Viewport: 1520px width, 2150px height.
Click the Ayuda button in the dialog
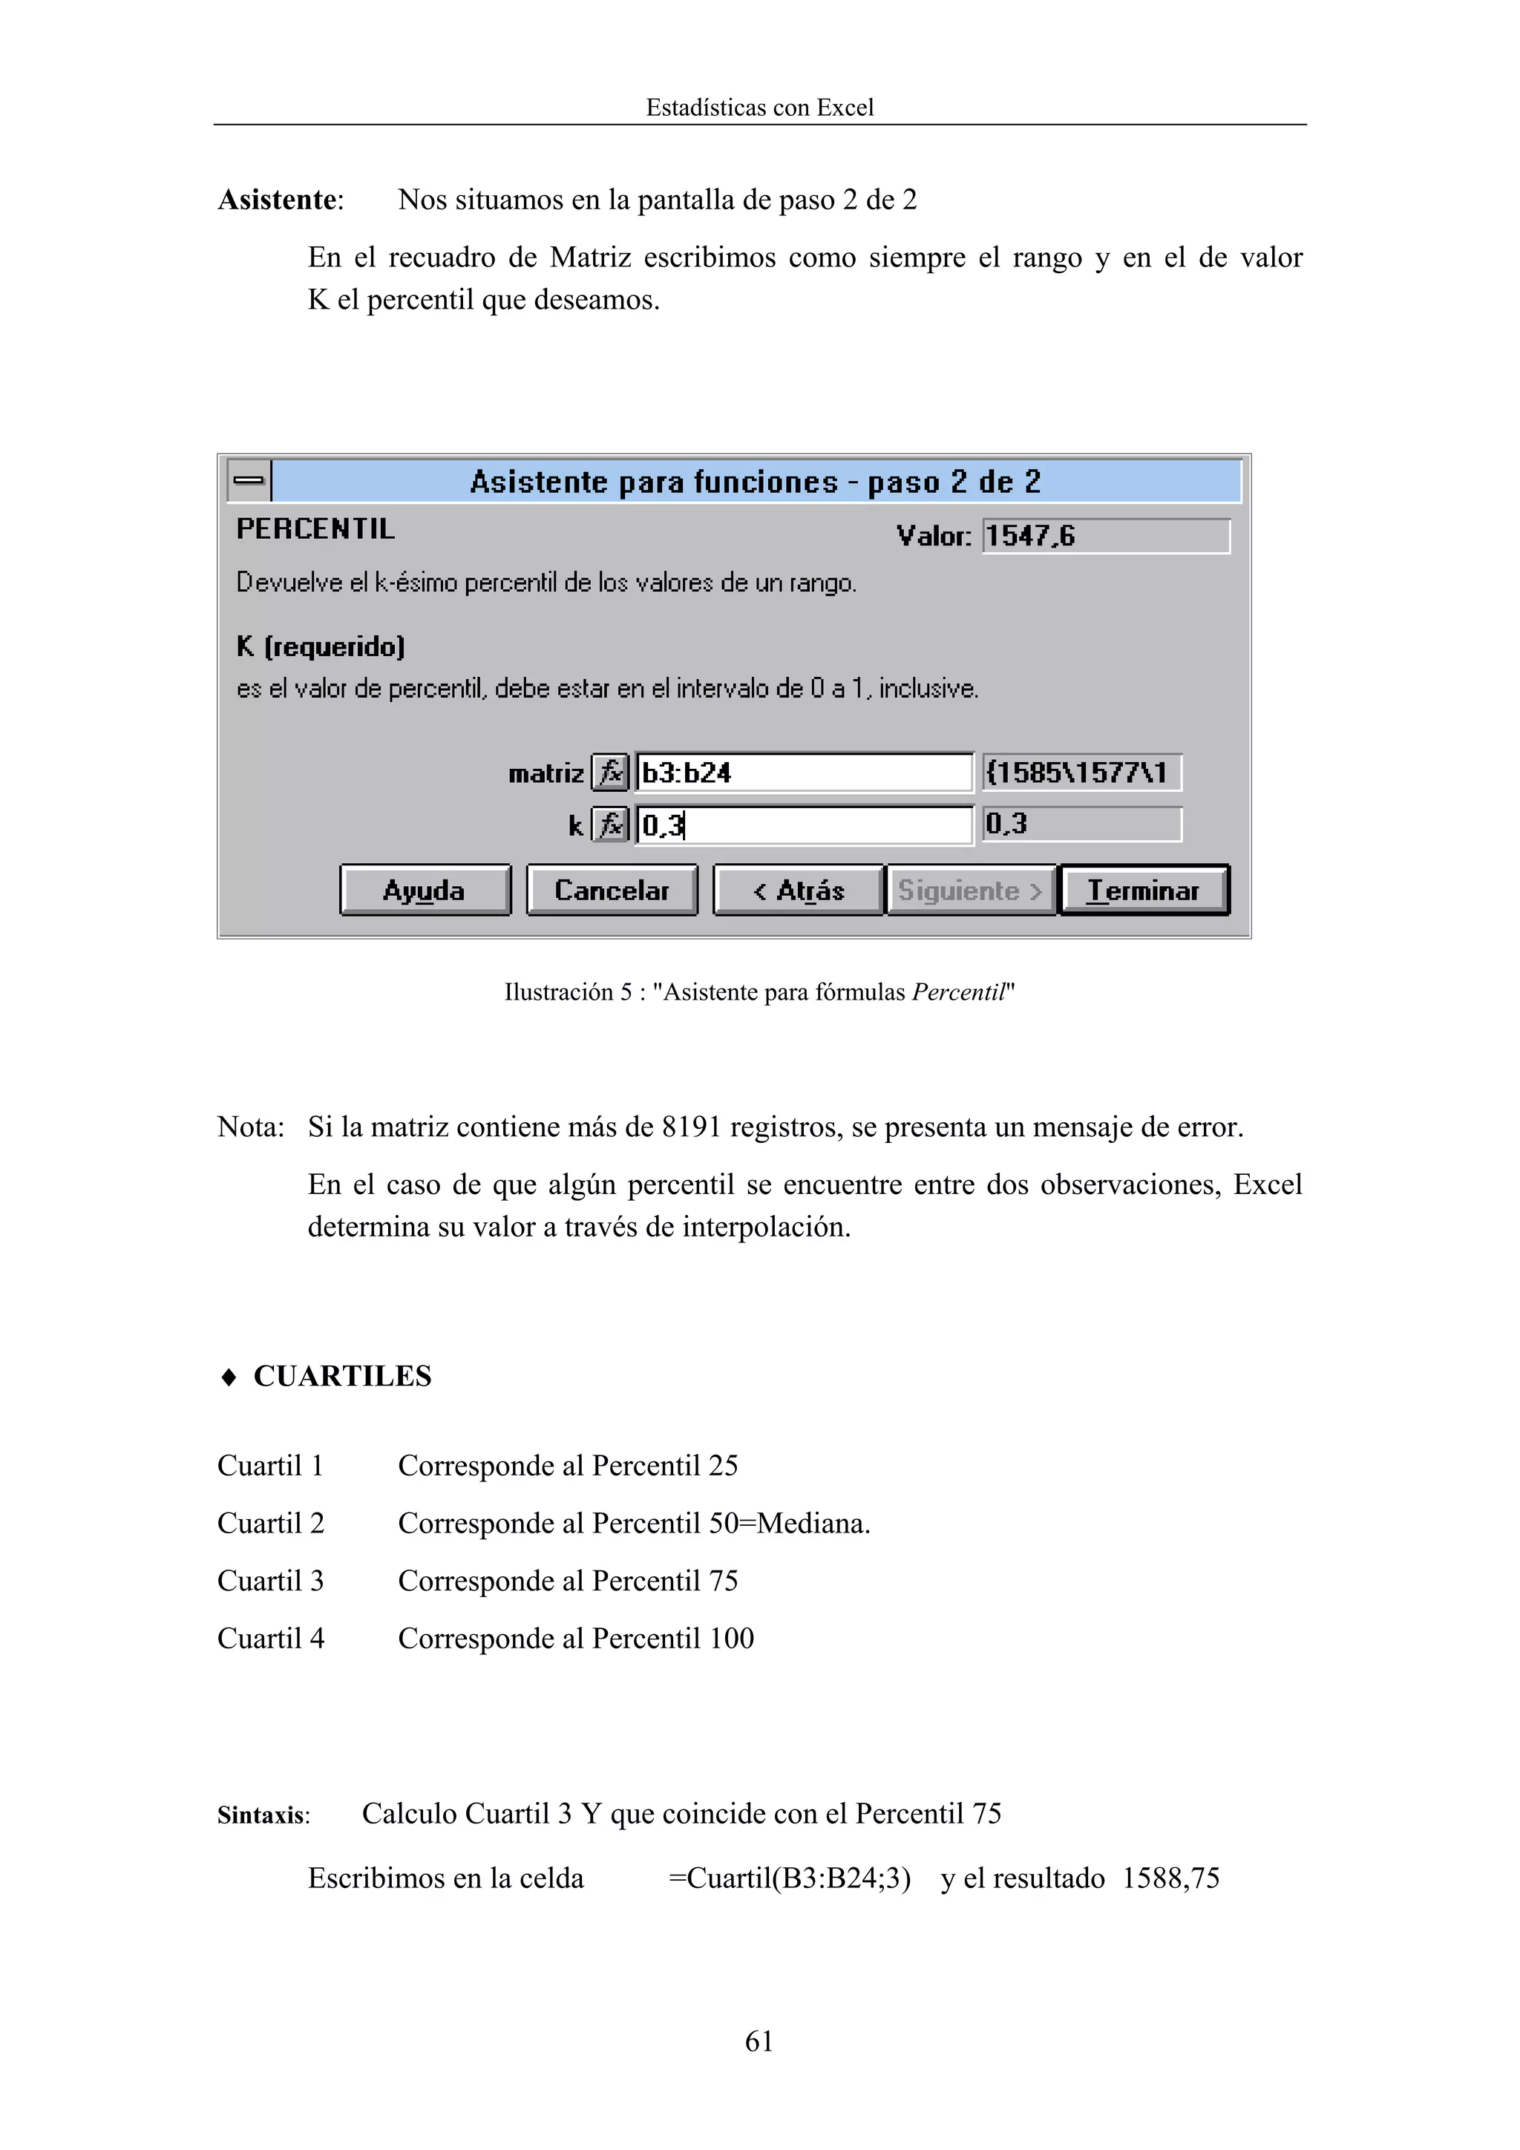[425, 890]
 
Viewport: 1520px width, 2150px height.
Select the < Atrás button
[798, 890]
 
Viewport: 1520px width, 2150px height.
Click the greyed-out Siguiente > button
[970, 890]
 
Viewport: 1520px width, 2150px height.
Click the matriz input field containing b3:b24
[804, 773]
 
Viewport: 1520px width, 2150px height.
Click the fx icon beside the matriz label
[611, 773]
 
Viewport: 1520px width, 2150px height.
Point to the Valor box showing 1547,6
[1105, 536]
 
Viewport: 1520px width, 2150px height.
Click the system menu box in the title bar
[248, 480]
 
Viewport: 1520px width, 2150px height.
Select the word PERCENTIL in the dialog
[315, 529]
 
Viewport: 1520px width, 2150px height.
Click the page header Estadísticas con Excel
[759, 108]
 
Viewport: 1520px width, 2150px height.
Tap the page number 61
[759, 2040]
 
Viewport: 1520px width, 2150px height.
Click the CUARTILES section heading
[342, 1376]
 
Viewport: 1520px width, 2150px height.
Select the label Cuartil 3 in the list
[271, 1581]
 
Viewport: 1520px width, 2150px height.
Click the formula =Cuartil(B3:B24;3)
[790, 1878]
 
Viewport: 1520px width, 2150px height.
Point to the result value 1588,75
[1170, 1878]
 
